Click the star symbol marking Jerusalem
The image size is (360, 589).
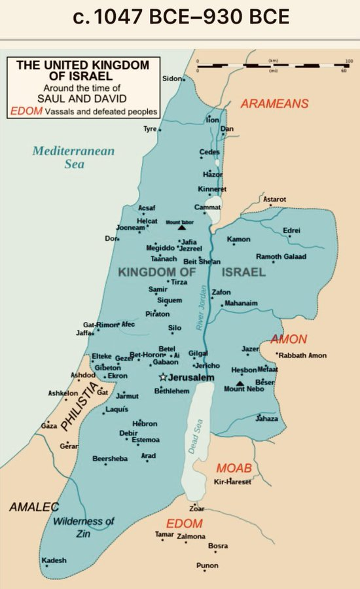tap(163, 378)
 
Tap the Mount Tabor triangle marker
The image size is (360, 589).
tap(181, 227)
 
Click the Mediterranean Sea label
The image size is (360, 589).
tap(73, 157)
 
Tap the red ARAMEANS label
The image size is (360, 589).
tap(274, 103)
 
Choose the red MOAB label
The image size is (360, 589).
tap(234, 469)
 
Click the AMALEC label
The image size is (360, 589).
tap(34, 507)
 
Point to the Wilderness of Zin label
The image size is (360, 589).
tap(84, 527)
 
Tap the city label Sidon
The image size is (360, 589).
tap(172, 79)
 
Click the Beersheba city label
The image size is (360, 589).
tap(110, 459)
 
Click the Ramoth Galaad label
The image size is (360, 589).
tap(281, 256)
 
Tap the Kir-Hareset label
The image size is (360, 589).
tap(232, 482)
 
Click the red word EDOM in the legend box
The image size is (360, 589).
tap(24, 112)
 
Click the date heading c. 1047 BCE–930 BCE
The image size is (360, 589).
tap(180, 18)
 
